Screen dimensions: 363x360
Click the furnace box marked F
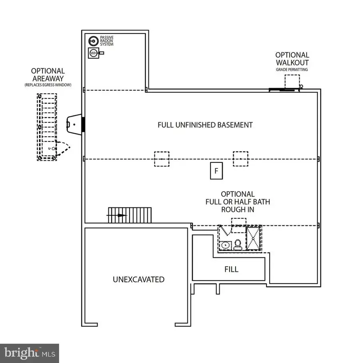pos(216,171)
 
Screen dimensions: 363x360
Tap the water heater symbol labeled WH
pos(93,53)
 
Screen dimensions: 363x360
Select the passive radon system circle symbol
pos(93,40)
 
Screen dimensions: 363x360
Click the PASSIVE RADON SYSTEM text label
pos(107,40)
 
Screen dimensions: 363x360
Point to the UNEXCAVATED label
pos(138,279)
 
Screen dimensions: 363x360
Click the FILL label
pos(232,269)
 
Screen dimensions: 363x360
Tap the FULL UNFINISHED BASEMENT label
pos(205,125)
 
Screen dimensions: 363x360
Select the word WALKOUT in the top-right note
pos(292,62)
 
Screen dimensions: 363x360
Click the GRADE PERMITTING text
pos(292,70)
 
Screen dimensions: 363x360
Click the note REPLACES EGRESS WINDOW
pos(48,85)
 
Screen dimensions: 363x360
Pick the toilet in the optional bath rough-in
pos(238,244)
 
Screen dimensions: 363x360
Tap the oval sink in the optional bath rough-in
pos(225,245)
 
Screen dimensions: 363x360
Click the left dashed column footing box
pos(162,159)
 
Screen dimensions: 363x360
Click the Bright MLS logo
pos(30,353)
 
